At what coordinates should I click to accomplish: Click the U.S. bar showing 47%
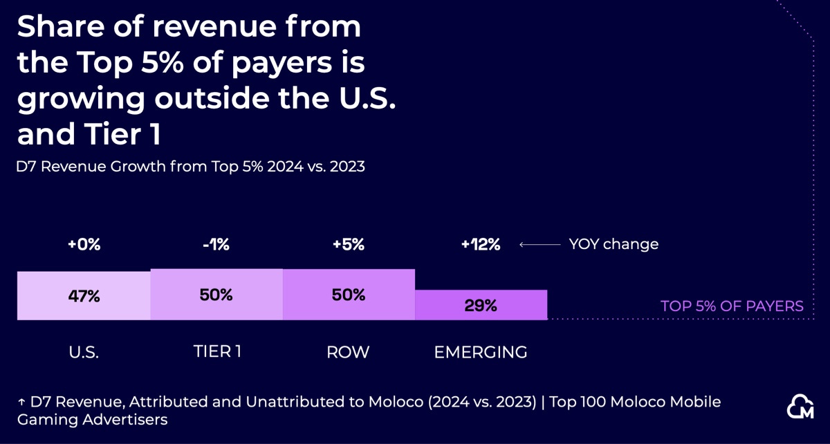(x=84, y=295)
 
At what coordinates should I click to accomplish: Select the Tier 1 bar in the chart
(x=216, y=294)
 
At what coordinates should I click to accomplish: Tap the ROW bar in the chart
(x=349, y=294)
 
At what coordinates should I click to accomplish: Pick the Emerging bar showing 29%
(x=481, y=305)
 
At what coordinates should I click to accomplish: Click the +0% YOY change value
(x=84, y=244)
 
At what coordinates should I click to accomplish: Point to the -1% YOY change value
(x=216, y=244)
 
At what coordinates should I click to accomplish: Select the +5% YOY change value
(x=349, y=244)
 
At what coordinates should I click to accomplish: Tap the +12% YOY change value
(x=481, y=244)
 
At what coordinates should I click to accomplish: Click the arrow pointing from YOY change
(x=539, y=244)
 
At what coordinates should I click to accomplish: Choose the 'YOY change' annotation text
(x=614, y=244)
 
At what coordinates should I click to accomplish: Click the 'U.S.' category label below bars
(x=84, y=352)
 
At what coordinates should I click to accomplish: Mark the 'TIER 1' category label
(x=216, y=352)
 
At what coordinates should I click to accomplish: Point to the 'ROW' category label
(x=348, y=352)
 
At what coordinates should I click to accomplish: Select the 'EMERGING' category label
(x=481, y=352)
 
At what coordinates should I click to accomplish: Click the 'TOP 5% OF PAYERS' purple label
(x=732, y=306)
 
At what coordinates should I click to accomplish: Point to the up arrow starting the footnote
(x=21, y=402)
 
